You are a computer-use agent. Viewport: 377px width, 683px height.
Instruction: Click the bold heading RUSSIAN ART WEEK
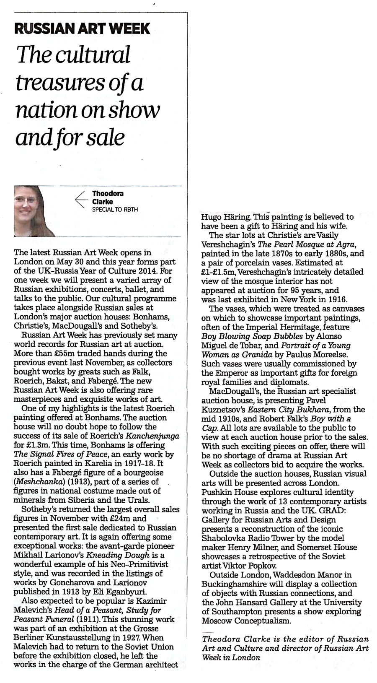pos(82,29)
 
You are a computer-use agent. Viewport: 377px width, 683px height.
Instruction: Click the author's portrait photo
pos(34,211)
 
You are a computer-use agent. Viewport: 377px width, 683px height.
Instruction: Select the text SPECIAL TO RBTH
pos(115,210)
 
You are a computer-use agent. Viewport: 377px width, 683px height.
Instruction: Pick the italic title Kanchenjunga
pos(156,436)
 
